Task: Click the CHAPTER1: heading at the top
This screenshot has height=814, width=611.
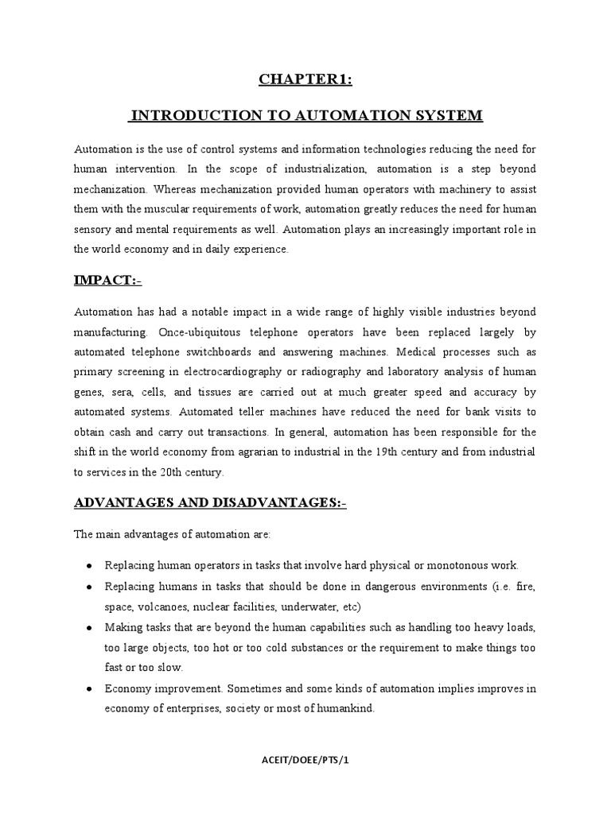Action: click(x=305, y=79)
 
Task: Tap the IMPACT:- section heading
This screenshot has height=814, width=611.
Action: click(x=108, y=281)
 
